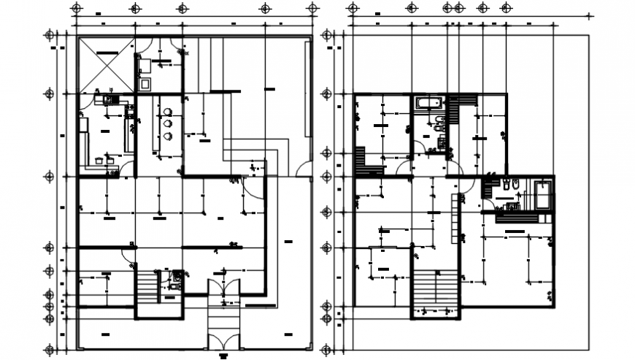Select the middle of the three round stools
click(169, 124)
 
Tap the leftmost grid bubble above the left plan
click(74, 8)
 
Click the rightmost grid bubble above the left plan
click(312, 8)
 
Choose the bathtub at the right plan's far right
click(543, 195)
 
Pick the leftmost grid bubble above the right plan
click(353, 8)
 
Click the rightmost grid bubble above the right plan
click(506, 8)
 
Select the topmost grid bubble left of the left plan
click(50, 35)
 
